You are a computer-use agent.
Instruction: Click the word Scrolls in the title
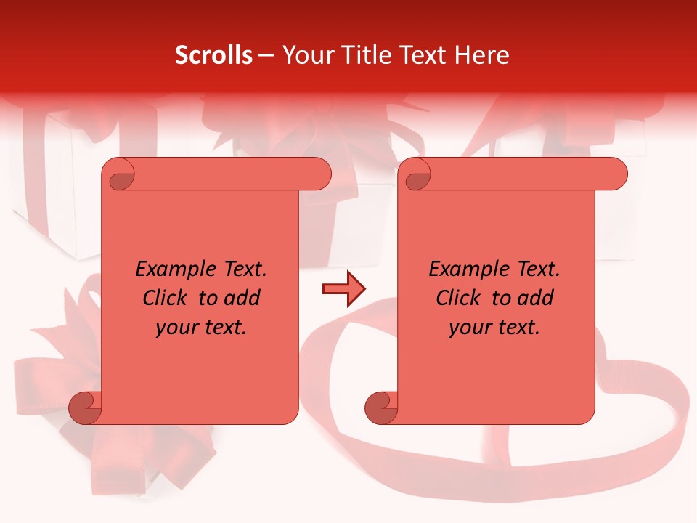[x=213, y=55]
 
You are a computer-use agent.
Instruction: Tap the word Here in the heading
[x=481, y=55]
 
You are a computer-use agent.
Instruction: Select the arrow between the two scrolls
[x=343, y=289]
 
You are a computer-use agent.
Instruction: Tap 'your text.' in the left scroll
[x=201, y=327]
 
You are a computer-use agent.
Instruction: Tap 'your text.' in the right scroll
[x=494, y=327]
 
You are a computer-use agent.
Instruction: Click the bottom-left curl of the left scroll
[x=85, y=408]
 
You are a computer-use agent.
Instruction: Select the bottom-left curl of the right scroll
[x=380, y=408]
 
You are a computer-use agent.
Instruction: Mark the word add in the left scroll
[x=242, y=298]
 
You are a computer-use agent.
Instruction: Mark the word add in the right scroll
[x=536, y=298]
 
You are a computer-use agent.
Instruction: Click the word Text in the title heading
[x=421, y=55]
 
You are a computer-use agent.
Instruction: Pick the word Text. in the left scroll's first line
[x=242, y=269]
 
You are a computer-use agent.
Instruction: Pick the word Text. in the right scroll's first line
[x=535, y=269]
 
